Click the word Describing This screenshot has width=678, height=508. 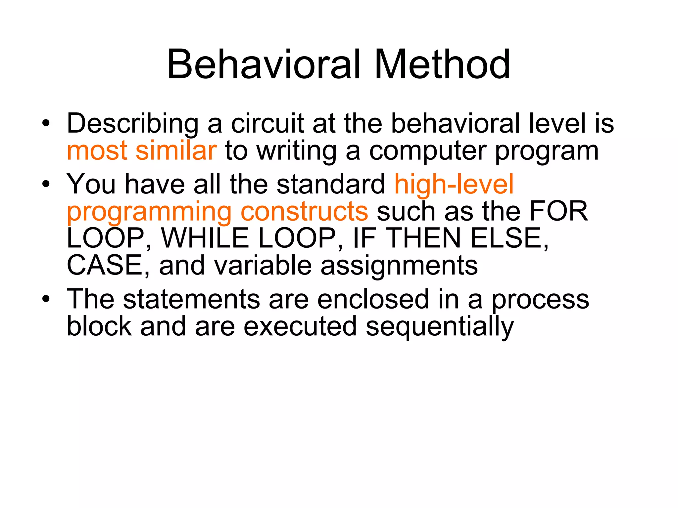point(132,124)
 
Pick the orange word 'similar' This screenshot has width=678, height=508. point(176,151)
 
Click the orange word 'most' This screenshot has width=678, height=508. point(97,151)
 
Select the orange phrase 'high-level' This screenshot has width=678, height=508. point(454,185)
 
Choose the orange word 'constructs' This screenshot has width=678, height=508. point(304,212)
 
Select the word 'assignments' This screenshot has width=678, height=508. point(399,266)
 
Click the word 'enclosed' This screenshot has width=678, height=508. point(373,299)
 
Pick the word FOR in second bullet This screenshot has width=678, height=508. point(558,211)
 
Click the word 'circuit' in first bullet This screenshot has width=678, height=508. point(267,124)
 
